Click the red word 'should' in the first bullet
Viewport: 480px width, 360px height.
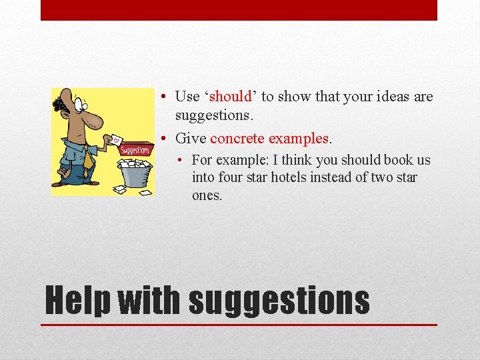pyautogui.click(x=231, y=97)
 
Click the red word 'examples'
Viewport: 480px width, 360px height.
pyautogui.click(x=298, y=139)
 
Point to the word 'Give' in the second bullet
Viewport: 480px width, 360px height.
pyautogui.click(x=191, y=139)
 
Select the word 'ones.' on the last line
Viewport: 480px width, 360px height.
pyautogui.click(x=207, y=196)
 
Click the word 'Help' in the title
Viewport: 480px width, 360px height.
pyautogui.click(x=77, y=301)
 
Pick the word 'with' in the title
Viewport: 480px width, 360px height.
pyautogui.click(x=149, y=301)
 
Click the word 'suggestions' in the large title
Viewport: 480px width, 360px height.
pyautogui.click(x=279, y=301)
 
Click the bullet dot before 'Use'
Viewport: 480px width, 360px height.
pyautogui.click(x=163, y=97)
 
